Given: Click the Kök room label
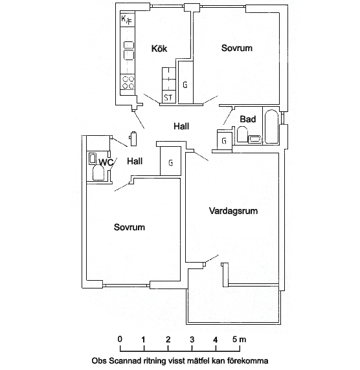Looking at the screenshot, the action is pos(159,49).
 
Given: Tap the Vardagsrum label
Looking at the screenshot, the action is pos(233,211).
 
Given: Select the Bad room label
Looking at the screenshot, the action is pos(248,119).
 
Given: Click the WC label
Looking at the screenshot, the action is pos(106,162).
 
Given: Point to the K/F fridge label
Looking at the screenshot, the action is pos(126,20).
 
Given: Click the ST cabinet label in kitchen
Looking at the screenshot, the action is pos(168,98).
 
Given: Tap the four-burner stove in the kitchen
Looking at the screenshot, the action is pos(128,82).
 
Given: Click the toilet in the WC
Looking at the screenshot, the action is pos(98,173).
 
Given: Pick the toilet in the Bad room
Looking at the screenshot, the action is pos(242,135).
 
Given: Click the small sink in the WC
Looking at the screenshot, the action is pos(93,158).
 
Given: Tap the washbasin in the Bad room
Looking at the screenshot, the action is pos(255,139).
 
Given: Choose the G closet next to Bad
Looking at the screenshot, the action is pos(224,141).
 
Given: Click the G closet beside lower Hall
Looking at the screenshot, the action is pos(170,162).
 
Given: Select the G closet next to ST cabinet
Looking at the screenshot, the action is pos(185,85).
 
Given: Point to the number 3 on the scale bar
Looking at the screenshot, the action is pos(192,340).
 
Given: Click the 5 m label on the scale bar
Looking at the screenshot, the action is pos(239,340).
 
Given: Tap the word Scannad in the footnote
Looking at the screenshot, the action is pos(124,361).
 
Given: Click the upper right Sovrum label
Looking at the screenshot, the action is pos(237,48).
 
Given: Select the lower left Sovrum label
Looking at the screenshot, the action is pos(129,227).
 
